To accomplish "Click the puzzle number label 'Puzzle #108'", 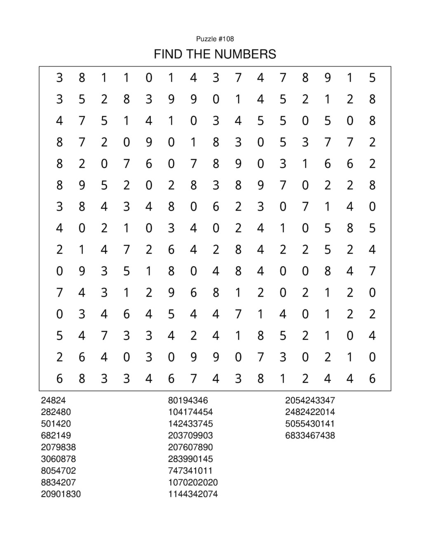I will click(x=215, y=39).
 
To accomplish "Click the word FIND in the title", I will click(x=167, y=54).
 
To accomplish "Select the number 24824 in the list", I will click(x=53, y=400).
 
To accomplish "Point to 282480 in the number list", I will click(x=56, y=412).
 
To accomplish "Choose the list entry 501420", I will click(x=56, y=424).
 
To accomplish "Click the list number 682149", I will click(x=56, y=435).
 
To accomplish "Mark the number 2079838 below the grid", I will click(x=58, y=447).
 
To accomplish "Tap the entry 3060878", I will click(x=58, y=459).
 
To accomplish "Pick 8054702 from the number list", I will click(x=58, y=471).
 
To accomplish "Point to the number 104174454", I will click(x=190, y=412).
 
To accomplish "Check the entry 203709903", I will click(x=190, y=435).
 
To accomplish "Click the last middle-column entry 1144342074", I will click(x=193, y=494).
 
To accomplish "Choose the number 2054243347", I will click(x=310, y=400).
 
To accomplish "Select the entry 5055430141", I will click(x=310, y=424).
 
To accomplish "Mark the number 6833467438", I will click(x=310, y=435).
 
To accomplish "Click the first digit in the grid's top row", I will click(x=60, y=77).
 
